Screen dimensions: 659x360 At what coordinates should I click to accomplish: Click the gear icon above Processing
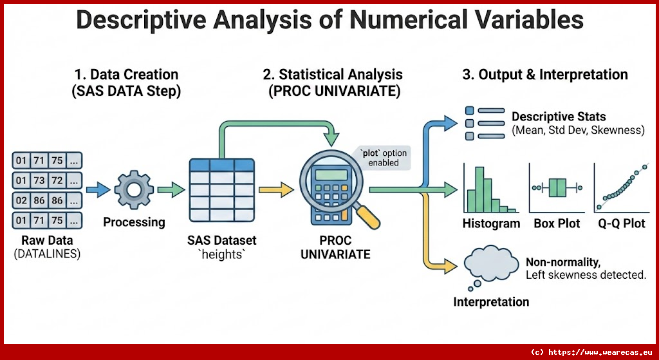(x=134, y=190)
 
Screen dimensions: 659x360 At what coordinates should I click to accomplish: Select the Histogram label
(x=491, y=223)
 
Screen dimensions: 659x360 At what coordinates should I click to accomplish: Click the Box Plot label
(x=557, y=223)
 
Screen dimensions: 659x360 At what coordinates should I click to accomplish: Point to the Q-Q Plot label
(x=622, y=223)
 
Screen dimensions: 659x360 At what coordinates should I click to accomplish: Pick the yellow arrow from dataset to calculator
(x=275, y=190)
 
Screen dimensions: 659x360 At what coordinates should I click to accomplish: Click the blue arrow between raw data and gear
(x=98, y=190)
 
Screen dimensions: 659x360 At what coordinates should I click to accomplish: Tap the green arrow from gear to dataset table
(x=171, y=190)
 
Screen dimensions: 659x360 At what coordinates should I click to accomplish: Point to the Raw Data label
(x=47, y=241)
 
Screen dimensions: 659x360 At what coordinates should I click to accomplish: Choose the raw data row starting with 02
(x=47, y=200)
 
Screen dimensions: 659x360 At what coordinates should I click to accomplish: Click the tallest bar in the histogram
(x=479, y=189)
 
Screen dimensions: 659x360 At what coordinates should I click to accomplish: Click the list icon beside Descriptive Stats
(x=485, y=123)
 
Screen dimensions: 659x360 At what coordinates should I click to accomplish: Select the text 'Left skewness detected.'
(x=586, y=276)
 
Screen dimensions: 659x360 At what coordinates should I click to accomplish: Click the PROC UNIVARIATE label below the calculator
(x=335, y=247)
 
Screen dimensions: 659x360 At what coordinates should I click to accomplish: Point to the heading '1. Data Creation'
(x=127, y=75)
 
